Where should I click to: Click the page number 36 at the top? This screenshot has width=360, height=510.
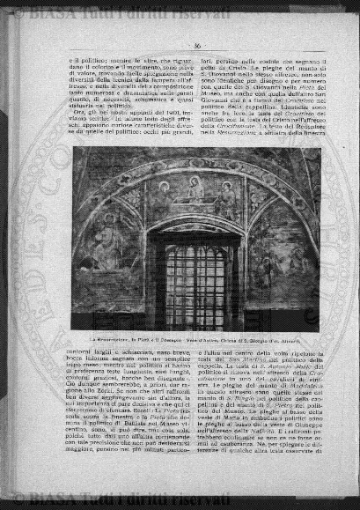coord(173,46)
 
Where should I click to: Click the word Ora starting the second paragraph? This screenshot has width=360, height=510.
coord(77,115)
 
